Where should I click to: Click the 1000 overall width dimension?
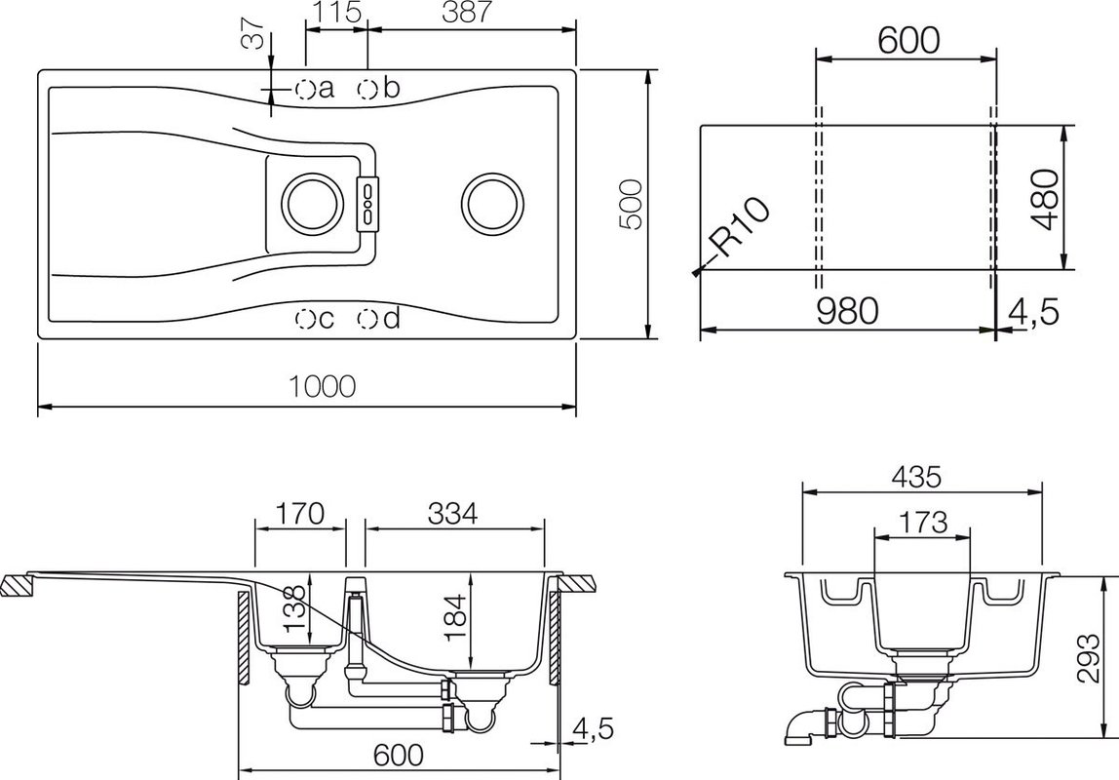(x=322, y=386)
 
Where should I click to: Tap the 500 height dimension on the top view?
(x=630, y=205)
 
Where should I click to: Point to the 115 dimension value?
(x=337, y=12)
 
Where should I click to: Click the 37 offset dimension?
(x=254, y=33)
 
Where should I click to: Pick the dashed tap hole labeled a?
(x=305, y=89)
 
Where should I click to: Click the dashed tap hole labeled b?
(x=367, y=89)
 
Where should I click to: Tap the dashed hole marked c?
(x=305, y=319)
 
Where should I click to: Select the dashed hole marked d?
(x=367, y=319)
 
